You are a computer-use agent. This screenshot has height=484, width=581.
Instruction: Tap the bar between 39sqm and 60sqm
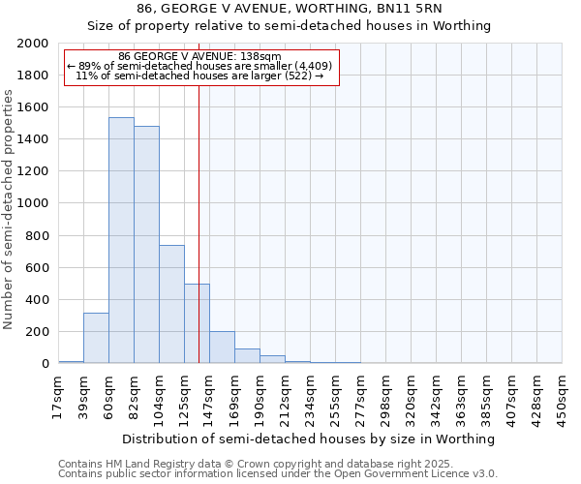(96, 338)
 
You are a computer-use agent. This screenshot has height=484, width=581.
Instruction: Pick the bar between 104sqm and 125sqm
(171, 304)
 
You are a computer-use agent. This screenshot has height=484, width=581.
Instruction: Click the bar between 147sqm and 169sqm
(222, 348)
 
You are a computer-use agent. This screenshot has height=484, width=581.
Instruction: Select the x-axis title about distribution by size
(309, 439)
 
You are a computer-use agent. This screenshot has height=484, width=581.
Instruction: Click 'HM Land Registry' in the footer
(141, 464)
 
